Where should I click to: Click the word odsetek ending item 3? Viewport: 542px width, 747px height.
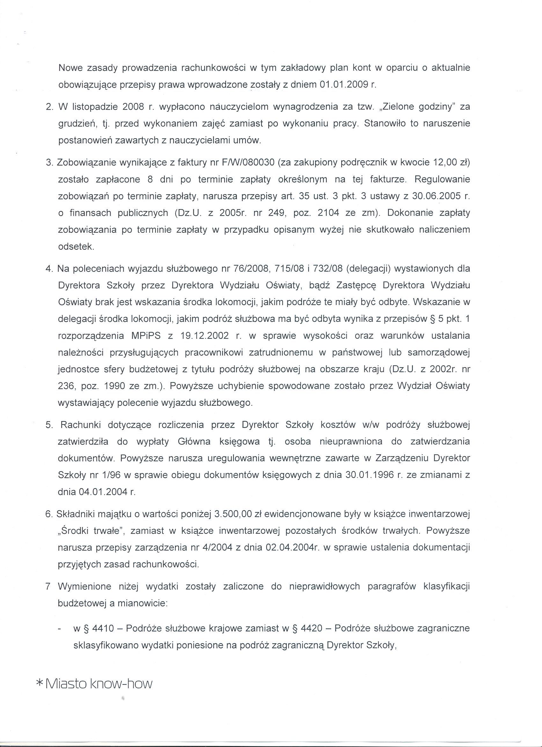tap(76, 247)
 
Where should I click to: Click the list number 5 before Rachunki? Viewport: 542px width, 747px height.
tap(49, 425)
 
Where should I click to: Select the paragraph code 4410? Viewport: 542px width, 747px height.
tap(103, 628)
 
